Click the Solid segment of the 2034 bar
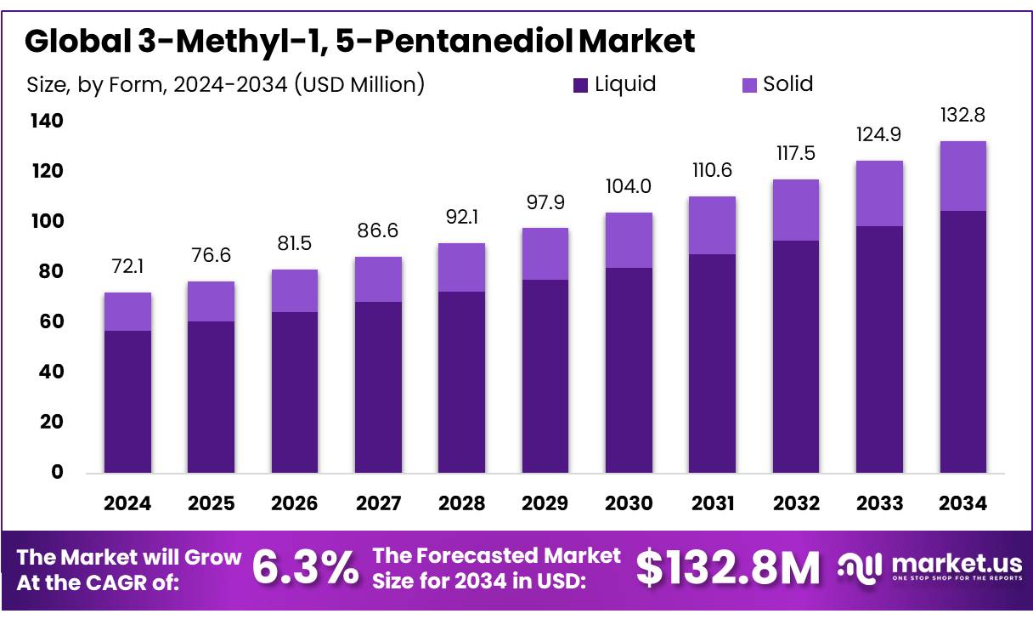point(962,176)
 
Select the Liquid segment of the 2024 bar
point(127,401)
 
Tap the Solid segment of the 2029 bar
point(545,253)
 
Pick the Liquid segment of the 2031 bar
point(712,363)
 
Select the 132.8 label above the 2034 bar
point(962,116)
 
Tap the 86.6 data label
point(378,231)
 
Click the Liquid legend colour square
point(581,85)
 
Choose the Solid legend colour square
point(749,85)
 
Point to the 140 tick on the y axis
point(48,122)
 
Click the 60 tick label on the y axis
point(52,321)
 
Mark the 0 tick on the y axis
point(58,472)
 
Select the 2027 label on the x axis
point(378,503)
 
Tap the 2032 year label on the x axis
point(796,503)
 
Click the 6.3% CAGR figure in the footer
point(306,569)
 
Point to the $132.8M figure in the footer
point(728,569)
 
